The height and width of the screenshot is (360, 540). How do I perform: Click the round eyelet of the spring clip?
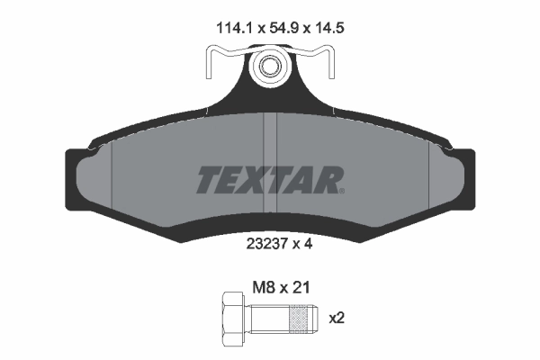[x=268, y=66]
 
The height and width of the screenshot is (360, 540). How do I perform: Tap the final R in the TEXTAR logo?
[x=326, y=180]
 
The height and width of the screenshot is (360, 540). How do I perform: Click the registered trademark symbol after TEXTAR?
[x=340, y=190]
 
